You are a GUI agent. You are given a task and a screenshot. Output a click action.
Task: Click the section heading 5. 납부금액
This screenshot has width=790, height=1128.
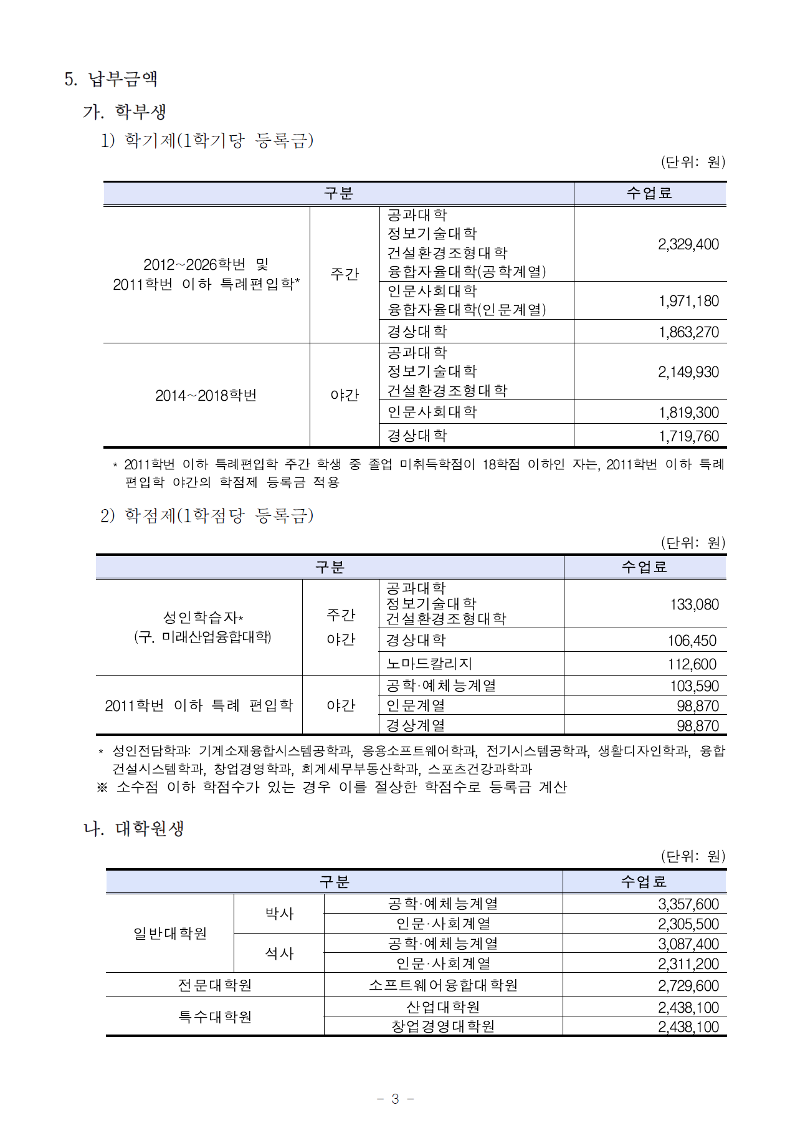pos(111,79)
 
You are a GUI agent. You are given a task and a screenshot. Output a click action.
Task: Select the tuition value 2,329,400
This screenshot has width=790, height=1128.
pos(688,244)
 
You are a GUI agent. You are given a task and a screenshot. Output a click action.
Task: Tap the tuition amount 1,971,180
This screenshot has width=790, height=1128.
pos(688,301)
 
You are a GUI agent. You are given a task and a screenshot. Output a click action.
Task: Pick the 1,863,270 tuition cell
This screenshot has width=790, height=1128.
pos(688,332)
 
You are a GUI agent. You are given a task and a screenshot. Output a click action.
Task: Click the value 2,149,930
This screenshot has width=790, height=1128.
pos(688,372)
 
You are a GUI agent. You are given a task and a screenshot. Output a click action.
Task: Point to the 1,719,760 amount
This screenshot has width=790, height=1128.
pos(688,436)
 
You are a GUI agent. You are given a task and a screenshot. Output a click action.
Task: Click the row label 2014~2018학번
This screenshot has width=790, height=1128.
pos(206,396)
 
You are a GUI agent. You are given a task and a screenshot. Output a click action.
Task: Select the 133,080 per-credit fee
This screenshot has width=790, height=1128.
pos(694,605)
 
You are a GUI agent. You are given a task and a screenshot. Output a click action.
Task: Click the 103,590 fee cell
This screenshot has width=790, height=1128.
pos(694,686)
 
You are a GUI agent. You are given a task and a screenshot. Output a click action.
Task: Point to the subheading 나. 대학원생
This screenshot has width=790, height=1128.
pos(134,829)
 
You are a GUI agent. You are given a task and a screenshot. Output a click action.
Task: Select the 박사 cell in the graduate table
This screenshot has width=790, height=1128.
pos(279,914)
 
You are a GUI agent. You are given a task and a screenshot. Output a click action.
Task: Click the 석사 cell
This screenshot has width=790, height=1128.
pos(279,954)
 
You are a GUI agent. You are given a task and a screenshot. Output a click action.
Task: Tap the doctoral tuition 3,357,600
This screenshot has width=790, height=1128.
pos(688,904)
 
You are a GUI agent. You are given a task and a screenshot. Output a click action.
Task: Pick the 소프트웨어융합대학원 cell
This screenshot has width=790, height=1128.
pos(443,985)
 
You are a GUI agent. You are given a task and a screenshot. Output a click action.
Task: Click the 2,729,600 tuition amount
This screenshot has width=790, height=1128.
pos(688,986)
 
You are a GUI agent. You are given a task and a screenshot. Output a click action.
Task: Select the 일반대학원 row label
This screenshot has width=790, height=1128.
pos(170,934)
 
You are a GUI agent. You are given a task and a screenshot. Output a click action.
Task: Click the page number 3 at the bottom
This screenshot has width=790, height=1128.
pos(395,1099)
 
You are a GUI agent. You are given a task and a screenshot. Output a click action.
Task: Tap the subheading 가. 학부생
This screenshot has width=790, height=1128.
pos(125,112)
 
